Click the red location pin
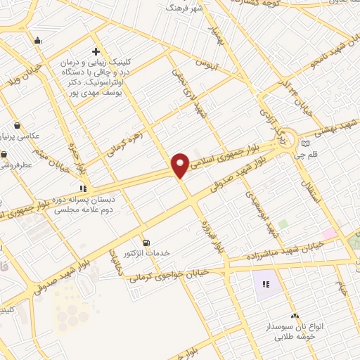[x=180, y=165]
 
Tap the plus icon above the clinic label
[x=96, y=51]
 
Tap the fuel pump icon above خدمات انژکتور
[x=146, y=241]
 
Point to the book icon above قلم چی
[x=304, y=143]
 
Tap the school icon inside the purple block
[x=266, y=285]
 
